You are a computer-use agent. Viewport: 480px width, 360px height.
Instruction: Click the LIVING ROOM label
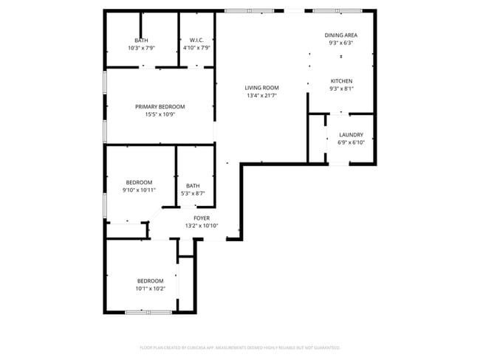(x=261, y=88)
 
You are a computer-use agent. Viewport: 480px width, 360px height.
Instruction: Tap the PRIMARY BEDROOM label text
(x=160, y=107)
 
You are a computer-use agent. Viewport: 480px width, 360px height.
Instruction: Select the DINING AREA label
(x=341, y=35)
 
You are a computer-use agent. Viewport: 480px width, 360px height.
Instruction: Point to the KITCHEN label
(x=341, y=81)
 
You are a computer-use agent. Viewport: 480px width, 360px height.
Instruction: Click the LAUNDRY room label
(x=351, y=135)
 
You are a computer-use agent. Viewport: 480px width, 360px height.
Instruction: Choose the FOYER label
(x=202, y=218)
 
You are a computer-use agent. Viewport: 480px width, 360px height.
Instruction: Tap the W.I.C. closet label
(x=196, y=41)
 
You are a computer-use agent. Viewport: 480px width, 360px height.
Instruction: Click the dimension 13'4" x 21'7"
(x=261, y=95)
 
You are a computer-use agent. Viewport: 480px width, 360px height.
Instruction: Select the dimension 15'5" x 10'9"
(x=160, y=114)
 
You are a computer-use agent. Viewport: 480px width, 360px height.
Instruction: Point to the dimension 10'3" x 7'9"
(x=141, y=48)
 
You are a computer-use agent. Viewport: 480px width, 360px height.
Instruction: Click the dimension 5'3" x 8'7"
(x=193, y=193)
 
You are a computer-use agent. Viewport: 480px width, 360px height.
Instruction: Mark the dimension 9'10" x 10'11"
(x=139, y=190)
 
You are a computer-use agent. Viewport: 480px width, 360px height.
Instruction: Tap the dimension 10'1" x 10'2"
(x=150, y=288)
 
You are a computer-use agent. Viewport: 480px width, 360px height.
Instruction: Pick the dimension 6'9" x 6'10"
(x=351, y=142)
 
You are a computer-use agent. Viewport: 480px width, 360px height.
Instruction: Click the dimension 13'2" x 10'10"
(x=202, y=226)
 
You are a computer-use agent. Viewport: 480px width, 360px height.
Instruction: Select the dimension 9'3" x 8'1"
(x=341, y=89)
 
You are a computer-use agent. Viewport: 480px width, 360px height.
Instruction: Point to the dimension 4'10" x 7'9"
(x=196, y=48)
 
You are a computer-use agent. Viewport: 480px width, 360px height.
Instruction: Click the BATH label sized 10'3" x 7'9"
(x=141, y=41)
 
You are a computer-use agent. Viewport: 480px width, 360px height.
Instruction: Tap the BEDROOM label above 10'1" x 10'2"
(x=150, y=281)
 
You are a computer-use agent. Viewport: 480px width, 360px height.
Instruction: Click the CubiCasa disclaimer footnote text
(x=240, y=347)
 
